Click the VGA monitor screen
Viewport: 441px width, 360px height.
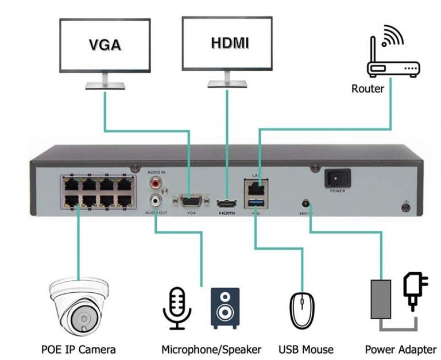(105, 44)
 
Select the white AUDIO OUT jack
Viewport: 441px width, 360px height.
(155, 200)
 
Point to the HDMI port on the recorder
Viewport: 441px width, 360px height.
(227, 203)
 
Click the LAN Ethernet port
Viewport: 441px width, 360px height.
(256, 188)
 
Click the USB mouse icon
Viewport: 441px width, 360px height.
(302, 310)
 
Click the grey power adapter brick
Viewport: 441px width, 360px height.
(380, 299)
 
